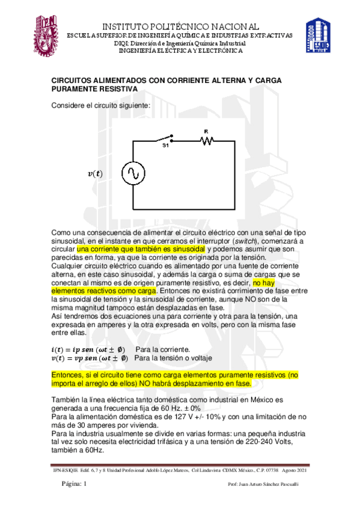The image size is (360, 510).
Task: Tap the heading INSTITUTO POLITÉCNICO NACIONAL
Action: [180, 26]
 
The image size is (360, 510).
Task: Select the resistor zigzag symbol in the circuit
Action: [206, 140]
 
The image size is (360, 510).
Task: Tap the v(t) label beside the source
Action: [95, 174]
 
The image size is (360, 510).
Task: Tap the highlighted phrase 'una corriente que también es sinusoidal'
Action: [141, 249]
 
